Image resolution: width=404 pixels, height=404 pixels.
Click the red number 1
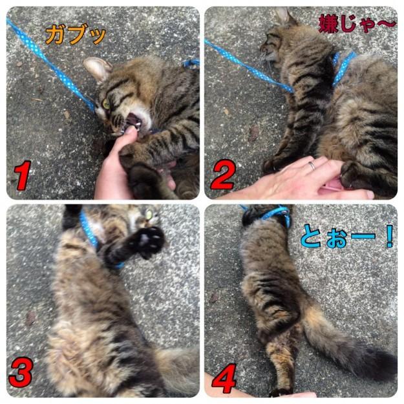23,175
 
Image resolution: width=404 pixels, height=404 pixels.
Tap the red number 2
223,175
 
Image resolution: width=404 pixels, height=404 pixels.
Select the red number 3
21,372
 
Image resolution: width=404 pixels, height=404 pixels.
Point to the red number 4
224,378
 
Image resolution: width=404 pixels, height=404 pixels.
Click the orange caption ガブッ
76,34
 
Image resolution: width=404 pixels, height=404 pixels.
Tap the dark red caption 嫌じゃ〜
357,24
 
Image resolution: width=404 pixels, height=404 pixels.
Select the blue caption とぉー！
347,237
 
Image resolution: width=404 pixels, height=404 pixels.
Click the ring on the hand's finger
312,165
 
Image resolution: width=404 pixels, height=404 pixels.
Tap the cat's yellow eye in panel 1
106,104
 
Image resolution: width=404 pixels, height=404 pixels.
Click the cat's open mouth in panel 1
133,121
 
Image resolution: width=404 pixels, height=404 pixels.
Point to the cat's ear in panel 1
98,69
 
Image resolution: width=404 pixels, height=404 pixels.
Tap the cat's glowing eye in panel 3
149,214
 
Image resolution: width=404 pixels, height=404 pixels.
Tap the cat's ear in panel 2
283,16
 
